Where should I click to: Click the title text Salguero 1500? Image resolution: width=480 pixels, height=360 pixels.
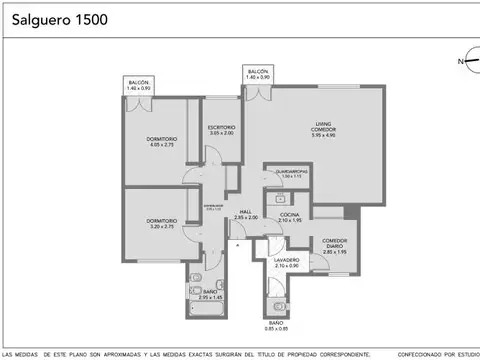pyautogui.click(x=57, y=19)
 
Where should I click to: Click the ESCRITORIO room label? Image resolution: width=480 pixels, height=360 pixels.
pyautogui.click(x=221, y=128)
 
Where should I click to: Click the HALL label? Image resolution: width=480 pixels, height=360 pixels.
pyautogui.click(x=246, y=212)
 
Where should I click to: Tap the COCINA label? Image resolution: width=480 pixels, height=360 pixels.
pyautogui.click(x=290, y=215)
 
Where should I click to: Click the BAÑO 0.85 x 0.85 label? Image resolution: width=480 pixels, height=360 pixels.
pyautogui.click(x=276, y=326)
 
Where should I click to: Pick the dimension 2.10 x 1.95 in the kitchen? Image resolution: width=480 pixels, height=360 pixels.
pyautogui.click(x=290, y=221)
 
